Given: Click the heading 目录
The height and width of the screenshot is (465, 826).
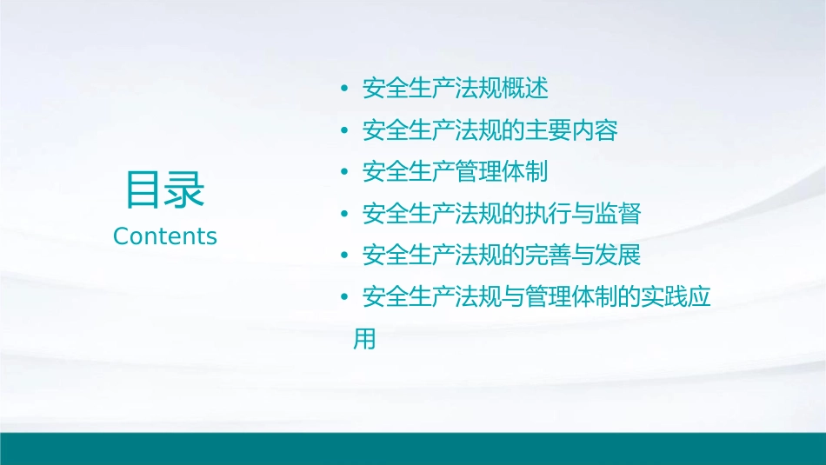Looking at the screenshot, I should (x=164, y=190).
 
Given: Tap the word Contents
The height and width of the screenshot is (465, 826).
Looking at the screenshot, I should (x=165, y=236).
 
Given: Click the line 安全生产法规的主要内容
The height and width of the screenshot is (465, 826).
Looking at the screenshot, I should (x=490, y=130).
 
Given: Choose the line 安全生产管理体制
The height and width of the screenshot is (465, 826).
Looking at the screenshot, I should (x=455, y=172).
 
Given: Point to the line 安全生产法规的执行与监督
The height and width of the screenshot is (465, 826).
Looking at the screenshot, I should (x=501, y=214).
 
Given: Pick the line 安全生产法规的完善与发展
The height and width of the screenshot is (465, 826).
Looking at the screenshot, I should (x=501, y=256).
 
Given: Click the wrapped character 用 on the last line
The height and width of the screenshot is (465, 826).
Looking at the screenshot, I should (x=364, y=340).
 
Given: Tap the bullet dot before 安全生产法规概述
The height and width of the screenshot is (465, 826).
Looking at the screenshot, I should (x=345, y=90).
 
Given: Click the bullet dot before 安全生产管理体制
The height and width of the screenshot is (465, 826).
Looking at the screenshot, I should (x=345, y=173).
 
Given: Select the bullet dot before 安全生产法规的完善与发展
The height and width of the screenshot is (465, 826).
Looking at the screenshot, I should (x=345, y=256).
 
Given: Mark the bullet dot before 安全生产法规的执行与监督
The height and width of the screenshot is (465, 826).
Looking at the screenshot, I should (x=345, y=215).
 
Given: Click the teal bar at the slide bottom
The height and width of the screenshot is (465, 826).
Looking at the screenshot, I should (x=413, y=448).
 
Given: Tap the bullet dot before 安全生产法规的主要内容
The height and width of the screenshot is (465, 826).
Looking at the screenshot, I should (x=345, y=131).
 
